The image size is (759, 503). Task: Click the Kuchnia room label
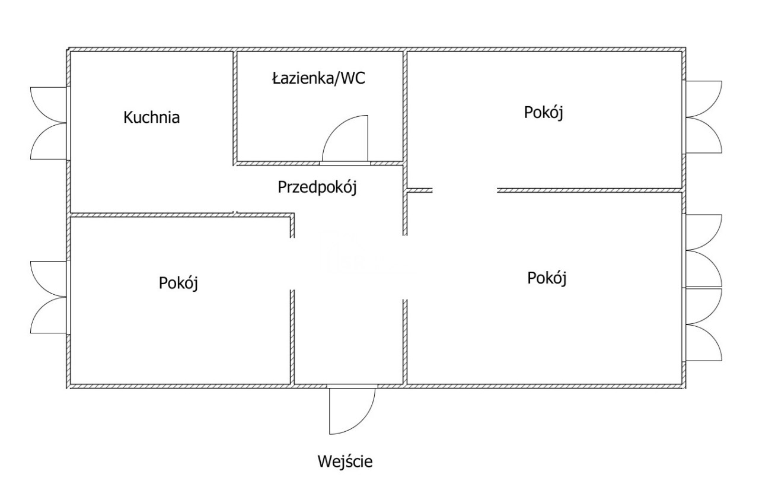click(x=151, y=117)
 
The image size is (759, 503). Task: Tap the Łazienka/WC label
click(x=318, y=79)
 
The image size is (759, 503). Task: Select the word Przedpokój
click(x=317, y=187)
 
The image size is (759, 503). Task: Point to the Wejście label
click(x=345, y=461)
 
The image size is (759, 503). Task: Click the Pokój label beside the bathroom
click(x=543, y=113)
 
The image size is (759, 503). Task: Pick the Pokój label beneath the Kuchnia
click(x=178, y=283)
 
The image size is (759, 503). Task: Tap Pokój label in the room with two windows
click(x=547, y=278)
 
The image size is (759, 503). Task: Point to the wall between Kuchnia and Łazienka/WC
click(x=235, y=107)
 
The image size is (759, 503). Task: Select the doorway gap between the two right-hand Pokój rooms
click(x=464, y=190)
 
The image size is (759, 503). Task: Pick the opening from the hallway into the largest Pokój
click(x=406, y=267)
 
